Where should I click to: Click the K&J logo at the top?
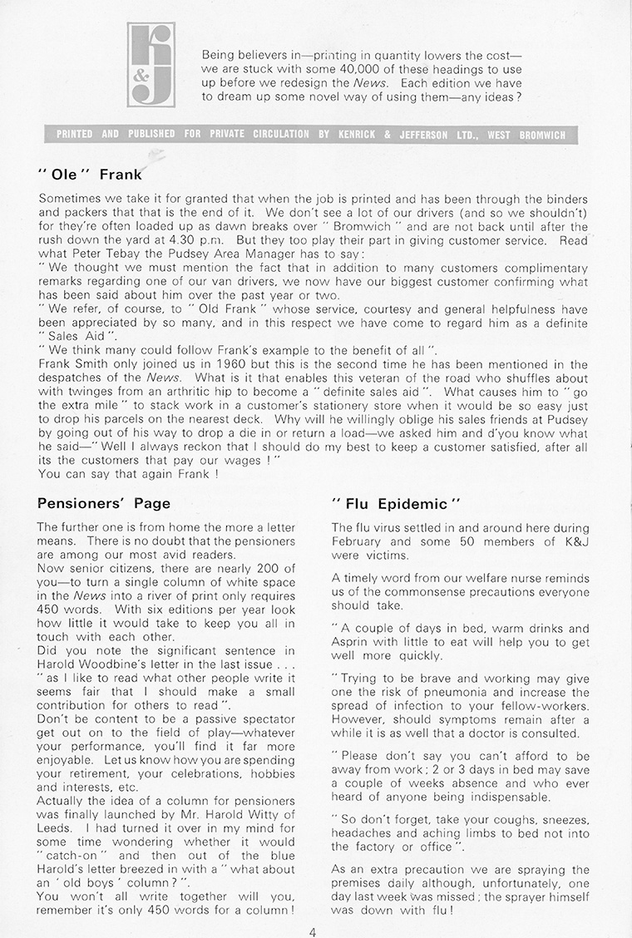point(151,64)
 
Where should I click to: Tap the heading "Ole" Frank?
point(91,175)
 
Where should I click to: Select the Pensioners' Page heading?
point(104,503)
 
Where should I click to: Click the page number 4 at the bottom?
point(312,931)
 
